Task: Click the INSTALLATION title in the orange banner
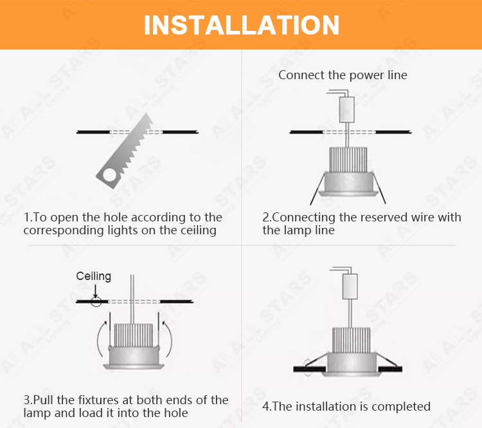(x=242, y=25)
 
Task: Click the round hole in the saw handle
(x=109, y=174)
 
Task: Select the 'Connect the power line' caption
(x=343, y=75)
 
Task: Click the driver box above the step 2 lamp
(x=347, y=109)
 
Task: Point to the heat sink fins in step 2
(x=348, y=160)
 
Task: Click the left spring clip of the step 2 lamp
(x=317, y=189)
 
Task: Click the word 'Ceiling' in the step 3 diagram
(x=93, y=276)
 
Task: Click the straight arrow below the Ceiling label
(x=96, y=291)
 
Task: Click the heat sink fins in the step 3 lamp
(x=134, y=335)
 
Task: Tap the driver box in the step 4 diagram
(x=350, y=286)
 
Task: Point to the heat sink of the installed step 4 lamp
(x=352, y=340)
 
